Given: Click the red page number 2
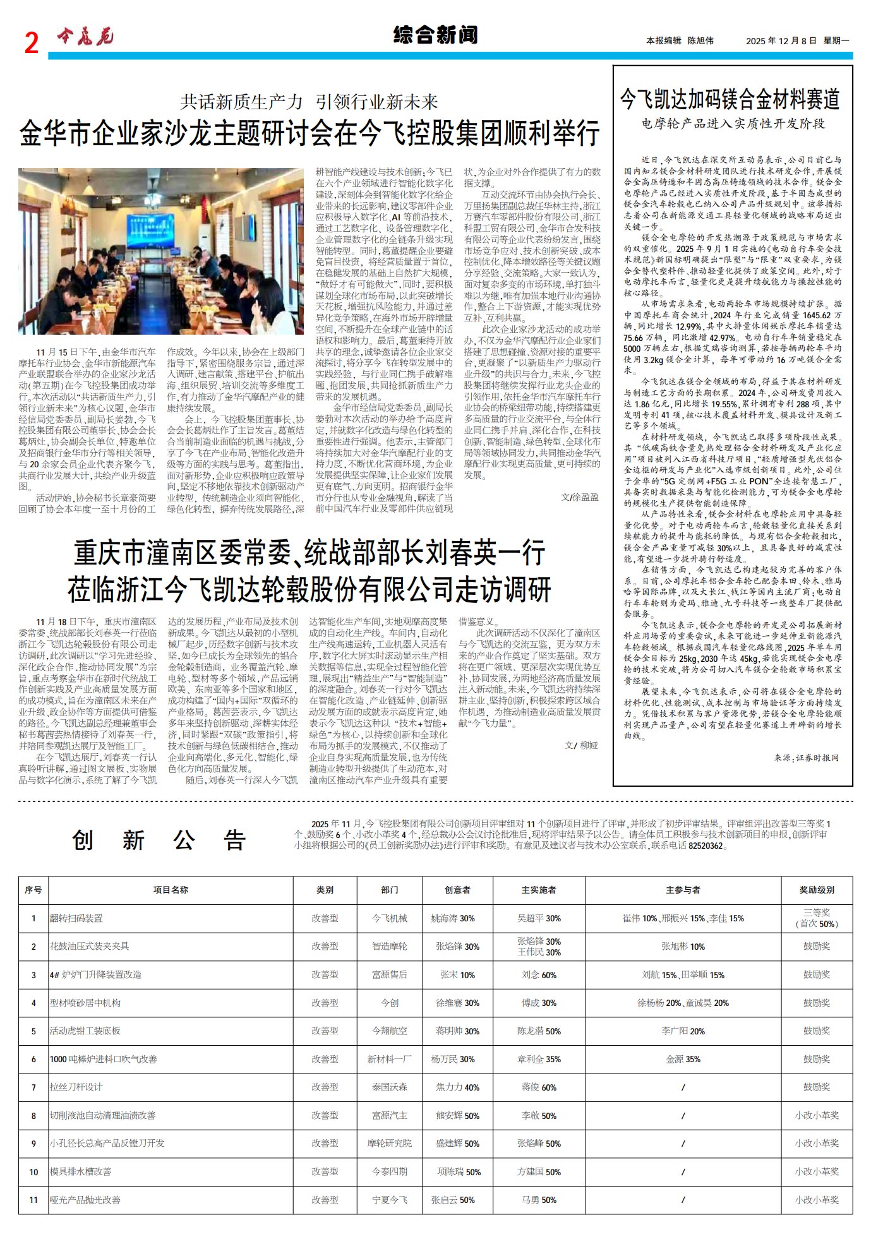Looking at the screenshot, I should tap(32, 43).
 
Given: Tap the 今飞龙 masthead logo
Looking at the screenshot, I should tap(85, 38).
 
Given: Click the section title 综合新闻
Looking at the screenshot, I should tap(435, 35).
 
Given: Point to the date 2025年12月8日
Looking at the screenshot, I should tap(781, 41).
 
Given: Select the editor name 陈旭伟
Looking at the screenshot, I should tap(700, 41).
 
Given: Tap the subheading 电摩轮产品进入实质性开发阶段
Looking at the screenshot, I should tap(733, 124).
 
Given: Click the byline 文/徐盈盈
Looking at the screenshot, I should tap(580, 497).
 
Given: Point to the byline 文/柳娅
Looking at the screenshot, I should tap(581, 745).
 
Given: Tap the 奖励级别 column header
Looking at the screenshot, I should tap(817, 890).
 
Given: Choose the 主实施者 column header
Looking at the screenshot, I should tap(539, 890).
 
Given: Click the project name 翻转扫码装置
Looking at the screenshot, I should tap(76, 918).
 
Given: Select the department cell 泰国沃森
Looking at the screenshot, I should tap(390, 1087).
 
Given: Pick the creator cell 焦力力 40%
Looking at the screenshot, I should tap(457, 1087).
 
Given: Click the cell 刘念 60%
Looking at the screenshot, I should tap(539, 974).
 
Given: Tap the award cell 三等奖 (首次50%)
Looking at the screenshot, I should tap(817, 918).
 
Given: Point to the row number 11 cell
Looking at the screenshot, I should tap(33, 1200).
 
